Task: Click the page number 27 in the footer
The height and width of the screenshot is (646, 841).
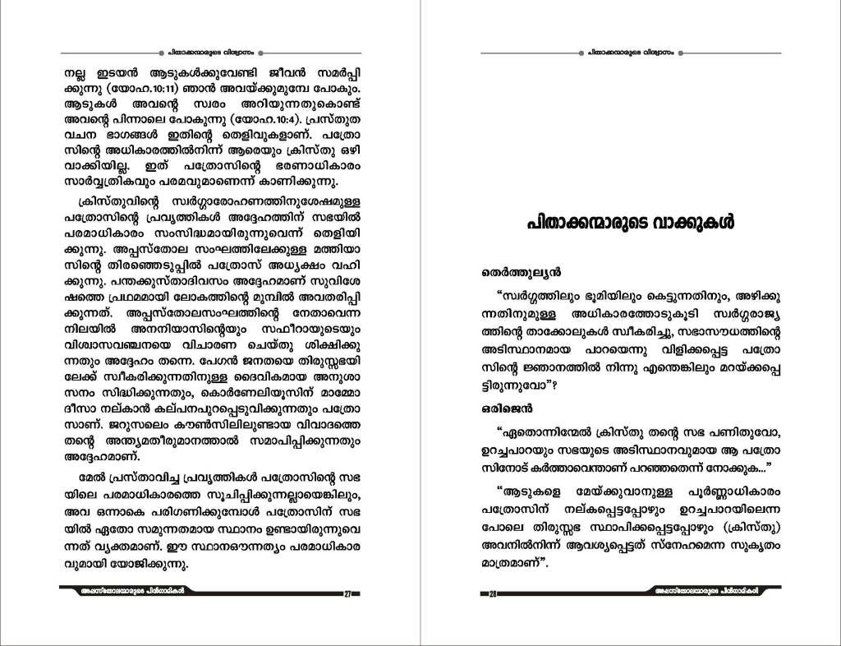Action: [x=347, y=594]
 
